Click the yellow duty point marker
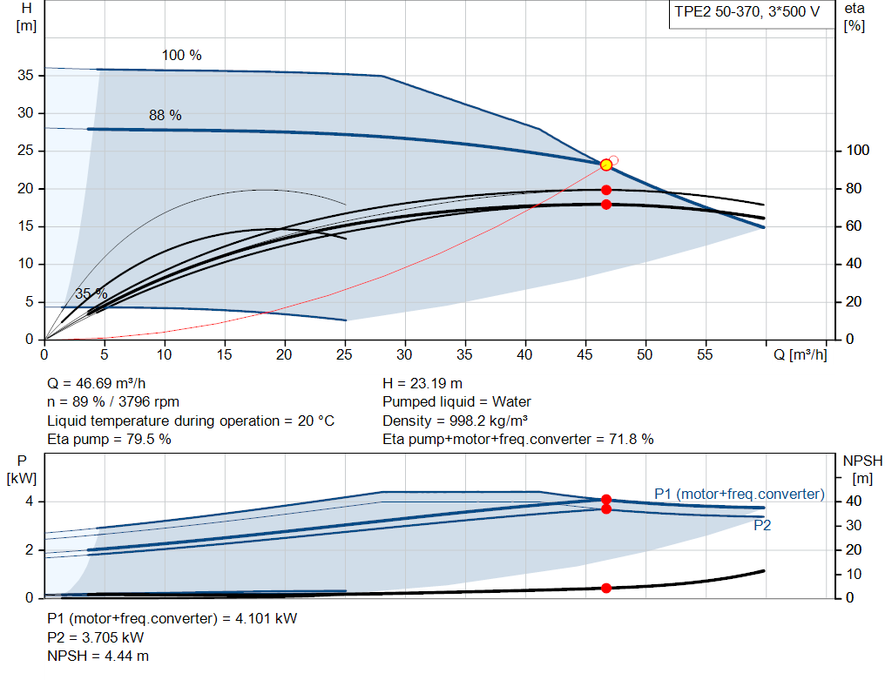pyautogui.click(x=606, y=165)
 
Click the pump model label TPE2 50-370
pyautogui.click(x=715, y=12)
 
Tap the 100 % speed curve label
pyautogui.click(x=181, y=55)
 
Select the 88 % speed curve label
pyautogui.click(x=165, y=116)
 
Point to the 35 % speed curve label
pyautogui.click(x=91, y=294)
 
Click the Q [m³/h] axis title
pyautogui.click(x=800, y=354)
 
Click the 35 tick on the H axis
pyautogui.click(x=25, y=75)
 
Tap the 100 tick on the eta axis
pyautogui.click(x=857, y=150)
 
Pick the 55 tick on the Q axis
pyautogui.click(x=704, y=354)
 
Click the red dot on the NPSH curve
pyautogui.click(x=606, y=588)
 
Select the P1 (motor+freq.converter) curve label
pyautogui.click(x=739, y=494)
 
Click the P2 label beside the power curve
pyautogui.click(x=761, y=525)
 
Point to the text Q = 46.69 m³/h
pyautogui.click(x=96, y=384)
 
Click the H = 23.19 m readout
pyautogui.click(x=422, y=384)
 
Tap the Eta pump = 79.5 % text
pyautogui.click(x=109, y=440)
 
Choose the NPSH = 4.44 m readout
pyautogui.click(x=98, y=656)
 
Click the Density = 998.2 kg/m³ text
pyautogui.click(x=455, y=421)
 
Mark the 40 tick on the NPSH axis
pyautogui.click(x=854, y=502)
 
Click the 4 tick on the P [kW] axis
pyautogui.click(x=29, y=502)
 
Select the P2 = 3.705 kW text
pyautogui.click(x=95, y=637)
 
